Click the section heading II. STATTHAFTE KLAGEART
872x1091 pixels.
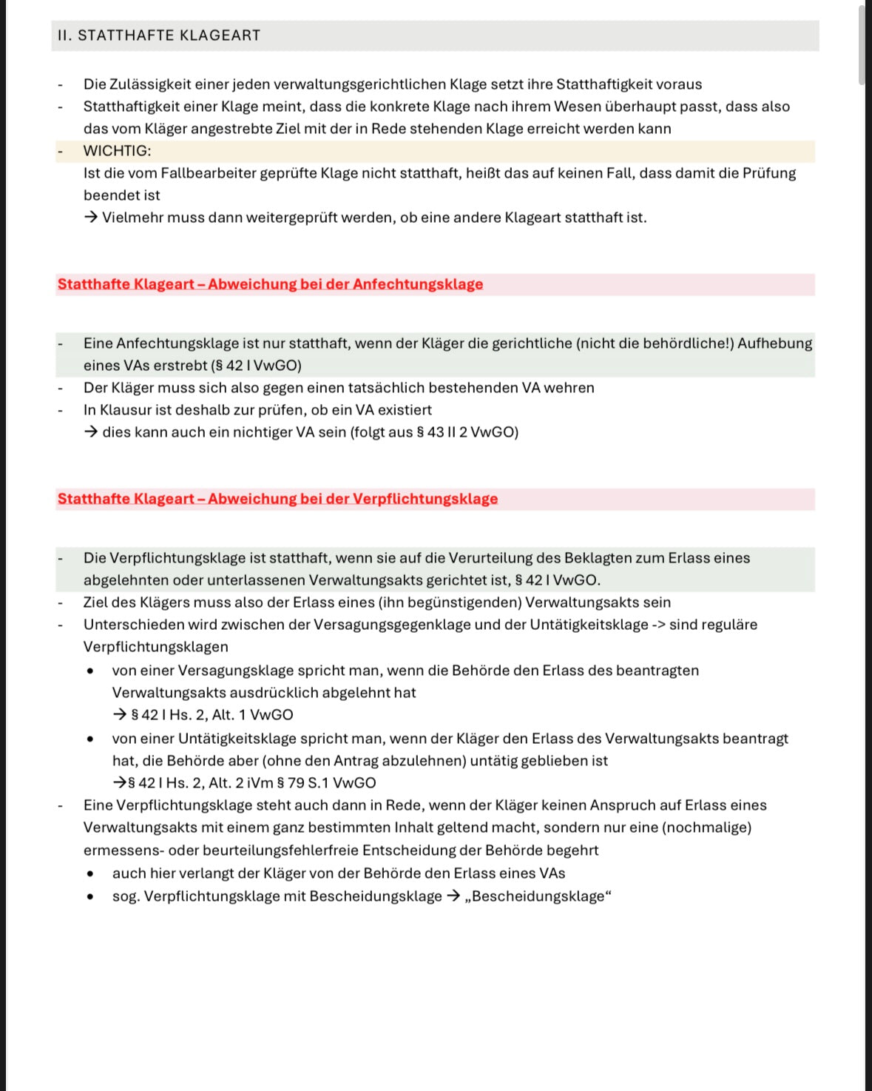(x=159, y=36)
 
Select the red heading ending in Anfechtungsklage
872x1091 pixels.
(x=270, y=284)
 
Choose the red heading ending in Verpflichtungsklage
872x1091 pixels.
(x=277, y=499)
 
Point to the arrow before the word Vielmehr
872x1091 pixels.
(x=91, y=218)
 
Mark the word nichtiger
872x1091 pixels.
(x=263, y=432)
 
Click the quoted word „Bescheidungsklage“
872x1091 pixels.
(x=538, y=896)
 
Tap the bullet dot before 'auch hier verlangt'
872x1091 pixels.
(x=90, y=873)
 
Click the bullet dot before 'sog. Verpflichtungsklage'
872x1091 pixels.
(x=90, y=896)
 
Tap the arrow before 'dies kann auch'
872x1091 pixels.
(x=91, y=432)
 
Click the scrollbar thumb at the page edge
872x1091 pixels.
(x=862, y=44)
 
